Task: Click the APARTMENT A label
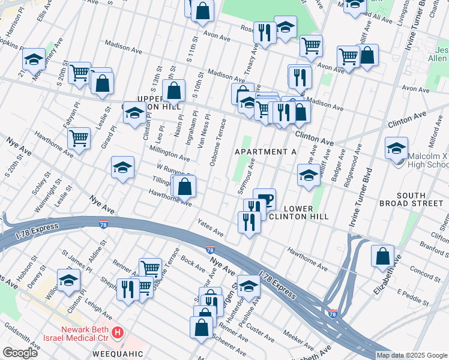pyautogui.click(x=265, y=152)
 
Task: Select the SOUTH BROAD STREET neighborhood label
pyautogui.click(x=411, y=200)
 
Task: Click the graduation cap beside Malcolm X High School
pyautogui.click(x=397, y=149)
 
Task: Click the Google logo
pyautogui.click(x=20, y=353)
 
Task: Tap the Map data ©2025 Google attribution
pyautogui.click(x=411, y=355)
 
